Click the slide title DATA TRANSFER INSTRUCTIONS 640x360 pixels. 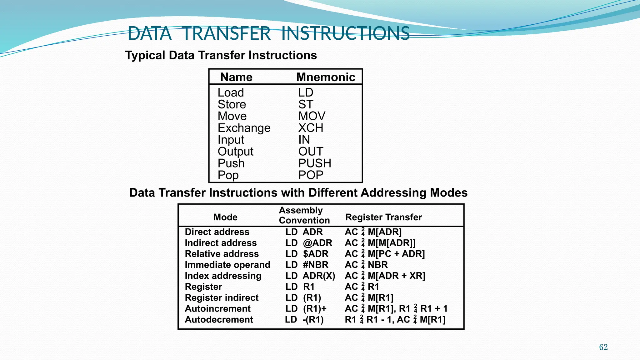tap(268, 33)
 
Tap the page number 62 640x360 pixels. tap(603, 347)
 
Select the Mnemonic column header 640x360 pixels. tap(326, 77)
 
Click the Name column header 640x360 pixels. tap(236, 77)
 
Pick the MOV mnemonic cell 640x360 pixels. tap(312, 116)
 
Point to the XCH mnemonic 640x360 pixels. tap(311, 128)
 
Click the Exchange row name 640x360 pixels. tap(244, 128)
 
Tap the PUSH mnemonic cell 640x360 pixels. tap(314, 163)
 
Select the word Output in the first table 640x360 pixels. tap(235, 152)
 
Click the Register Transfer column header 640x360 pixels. tap(383, 217)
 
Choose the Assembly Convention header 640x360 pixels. tap(304, 215)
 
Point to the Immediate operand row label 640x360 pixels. tap(227, 265)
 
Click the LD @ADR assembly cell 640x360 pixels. tap(308, 243)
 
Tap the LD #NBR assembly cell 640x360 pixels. tap(307, 265)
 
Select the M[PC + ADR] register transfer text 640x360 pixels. tap(396, 254)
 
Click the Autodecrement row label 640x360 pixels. tap(219, 319)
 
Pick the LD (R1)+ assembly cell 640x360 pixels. tap(306, 308)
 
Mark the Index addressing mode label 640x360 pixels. tap(223, 276)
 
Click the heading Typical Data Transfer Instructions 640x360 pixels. tap(221, 55)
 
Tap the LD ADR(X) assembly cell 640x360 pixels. tap(310, 276)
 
